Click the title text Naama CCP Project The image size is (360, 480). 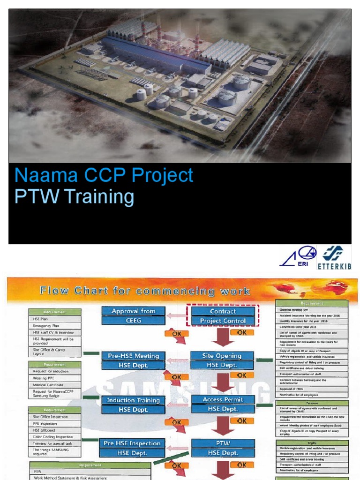[x=104, y=175]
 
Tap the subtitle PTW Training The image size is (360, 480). [x=74, y=197]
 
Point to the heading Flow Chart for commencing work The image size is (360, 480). [x=145, y=291]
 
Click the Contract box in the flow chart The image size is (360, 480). [x=223, y=311]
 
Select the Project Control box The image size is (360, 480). [x=223, y=321]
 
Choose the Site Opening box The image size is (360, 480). [x=222, y=356]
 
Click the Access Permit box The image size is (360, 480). [x=222, y=399]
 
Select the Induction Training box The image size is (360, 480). [x=133, y=400]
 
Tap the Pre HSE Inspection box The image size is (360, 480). [x=132, y=443]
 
